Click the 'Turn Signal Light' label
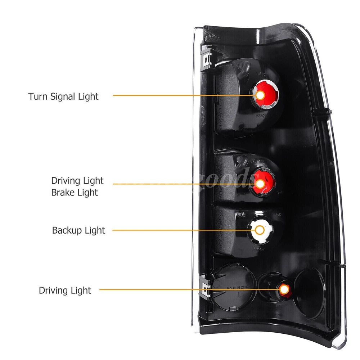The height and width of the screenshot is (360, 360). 63,96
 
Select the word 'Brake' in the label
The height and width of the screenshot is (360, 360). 63,193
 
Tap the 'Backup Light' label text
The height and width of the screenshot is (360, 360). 78,230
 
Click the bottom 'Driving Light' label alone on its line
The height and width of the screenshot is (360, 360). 65,290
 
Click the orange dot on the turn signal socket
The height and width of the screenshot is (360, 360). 260,95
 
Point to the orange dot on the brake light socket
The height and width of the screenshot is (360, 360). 260,184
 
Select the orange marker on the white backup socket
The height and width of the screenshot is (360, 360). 259,230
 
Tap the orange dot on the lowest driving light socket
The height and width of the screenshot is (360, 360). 284,289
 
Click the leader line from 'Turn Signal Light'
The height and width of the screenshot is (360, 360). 180,95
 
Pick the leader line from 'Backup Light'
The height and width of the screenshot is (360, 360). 180,230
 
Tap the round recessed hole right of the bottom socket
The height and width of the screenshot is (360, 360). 309,288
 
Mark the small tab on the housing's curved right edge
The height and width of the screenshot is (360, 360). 326,112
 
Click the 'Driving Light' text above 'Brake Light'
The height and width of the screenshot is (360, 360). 77,180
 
